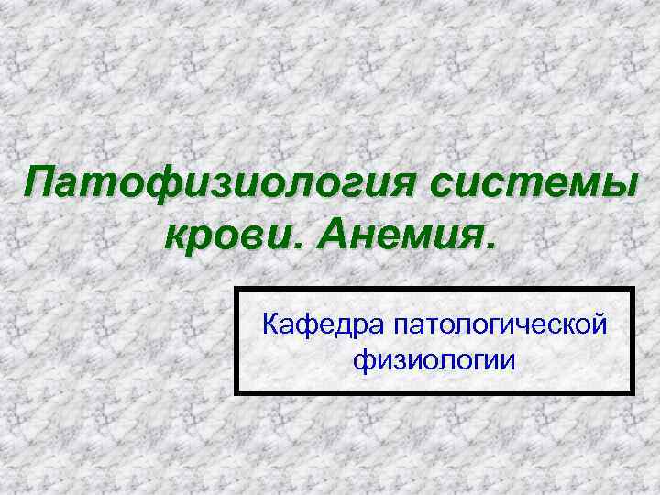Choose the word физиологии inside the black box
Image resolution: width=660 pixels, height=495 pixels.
coord(434,359)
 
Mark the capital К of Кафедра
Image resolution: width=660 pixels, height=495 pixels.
coord(271,324)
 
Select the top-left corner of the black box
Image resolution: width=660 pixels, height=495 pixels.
coord(236,289)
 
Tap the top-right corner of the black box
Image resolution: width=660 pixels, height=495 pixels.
coord(632,289)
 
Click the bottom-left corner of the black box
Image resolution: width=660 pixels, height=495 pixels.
coord(236,393)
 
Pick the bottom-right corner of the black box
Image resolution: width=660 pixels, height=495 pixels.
coord(632,393)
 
